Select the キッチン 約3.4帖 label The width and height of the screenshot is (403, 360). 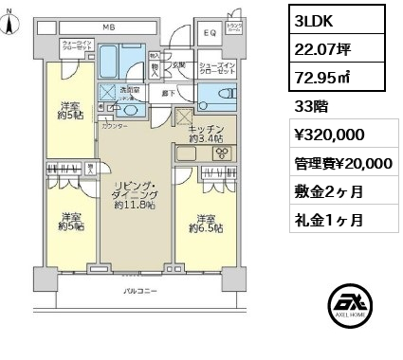click(206, 134)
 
